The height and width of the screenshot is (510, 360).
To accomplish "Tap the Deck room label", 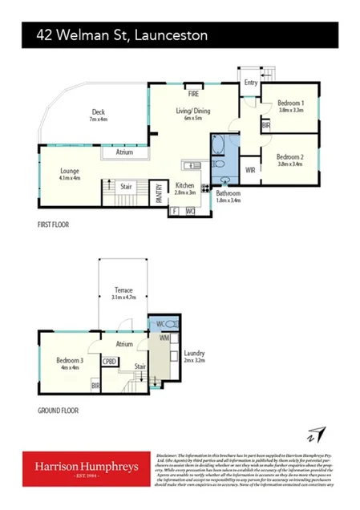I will [x=98, y=113].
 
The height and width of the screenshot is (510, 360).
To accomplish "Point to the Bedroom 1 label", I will [x=290, y=103].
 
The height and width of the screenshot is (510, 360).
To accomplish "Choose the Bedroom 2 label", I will [x=289, y=157].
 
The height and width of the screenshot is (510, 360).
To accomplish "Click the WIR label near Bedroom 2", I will [x=250, y=171].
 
